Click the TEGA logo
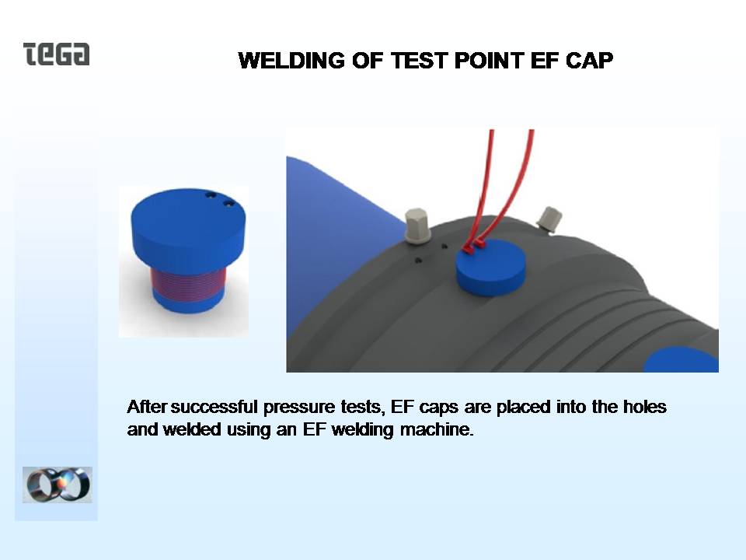click(x=56, y=54)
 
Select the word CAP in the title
click(x=589, y=61)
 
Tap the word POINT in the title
click(x=489, y=61)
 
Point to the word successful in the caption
click(x=214, y=407)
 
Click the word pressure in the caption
click(x=299, y=408)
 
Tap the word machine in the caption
click(x=437, y=429)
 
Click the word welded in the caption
click(x=192, y=429)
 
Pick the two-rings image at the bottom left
click(x=57, y=485)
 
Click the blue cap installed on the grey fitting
click(x=490, y=267)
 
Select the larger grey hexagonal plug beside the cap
click(x=417, y=226)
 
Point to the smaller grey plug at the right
click(x=549, y=219)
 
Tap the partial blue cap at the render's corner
click(x=682, y=360)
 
